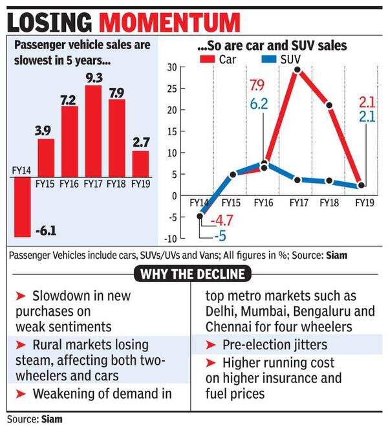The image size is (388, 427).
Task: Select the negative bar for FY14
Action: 22,207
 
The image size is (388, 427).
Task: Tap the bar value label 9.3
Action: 93,78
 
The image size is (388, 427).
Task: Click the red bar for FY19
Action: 140,164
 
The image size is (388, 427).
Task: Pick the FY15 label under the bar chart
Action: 45,184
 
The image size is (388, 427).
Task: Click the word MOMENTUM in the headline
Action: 171,23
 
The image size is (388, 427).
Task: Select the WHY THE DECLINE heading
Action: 194,273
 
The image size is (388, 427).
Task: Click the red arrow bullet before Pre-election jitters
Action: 210,345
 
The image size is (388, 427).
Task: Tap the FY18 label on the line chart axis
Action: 329,203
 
